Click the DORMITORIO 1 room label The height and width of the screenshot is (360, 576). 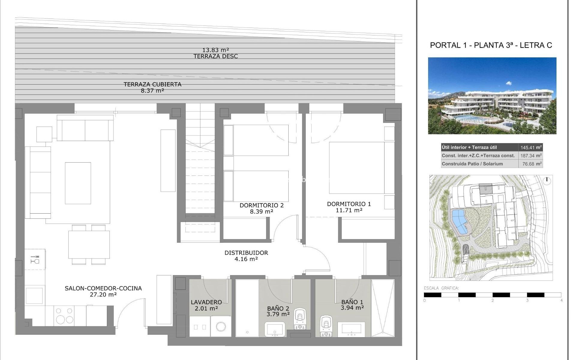349,204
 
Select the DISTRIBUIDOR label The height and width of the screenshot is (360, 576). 246,253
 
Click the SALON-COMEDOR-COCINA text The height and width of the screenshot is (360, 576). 103,288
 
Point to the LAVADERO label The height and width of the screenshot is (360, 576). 206,302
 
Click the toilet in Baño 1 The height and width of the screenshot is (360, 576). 325,325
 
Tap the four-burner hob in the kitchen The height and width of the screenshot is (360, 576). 64,316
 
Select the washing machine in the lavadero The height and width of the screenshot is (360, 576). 221,326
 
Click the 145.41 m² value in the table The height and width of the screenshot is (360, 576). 531,147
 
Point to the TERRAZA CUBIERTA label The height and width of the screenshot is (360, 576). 152,84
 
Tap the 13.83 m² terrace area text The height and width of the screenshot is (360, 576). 216,50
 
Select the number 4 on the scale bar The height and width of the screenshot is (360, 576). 561,300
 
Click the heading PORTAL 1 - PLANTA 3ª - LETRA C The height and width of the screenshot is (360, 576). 491,45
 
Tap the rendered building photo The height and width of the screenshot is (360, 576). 492,95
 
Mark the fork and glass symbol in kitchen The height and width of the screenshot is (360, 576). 35,259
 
